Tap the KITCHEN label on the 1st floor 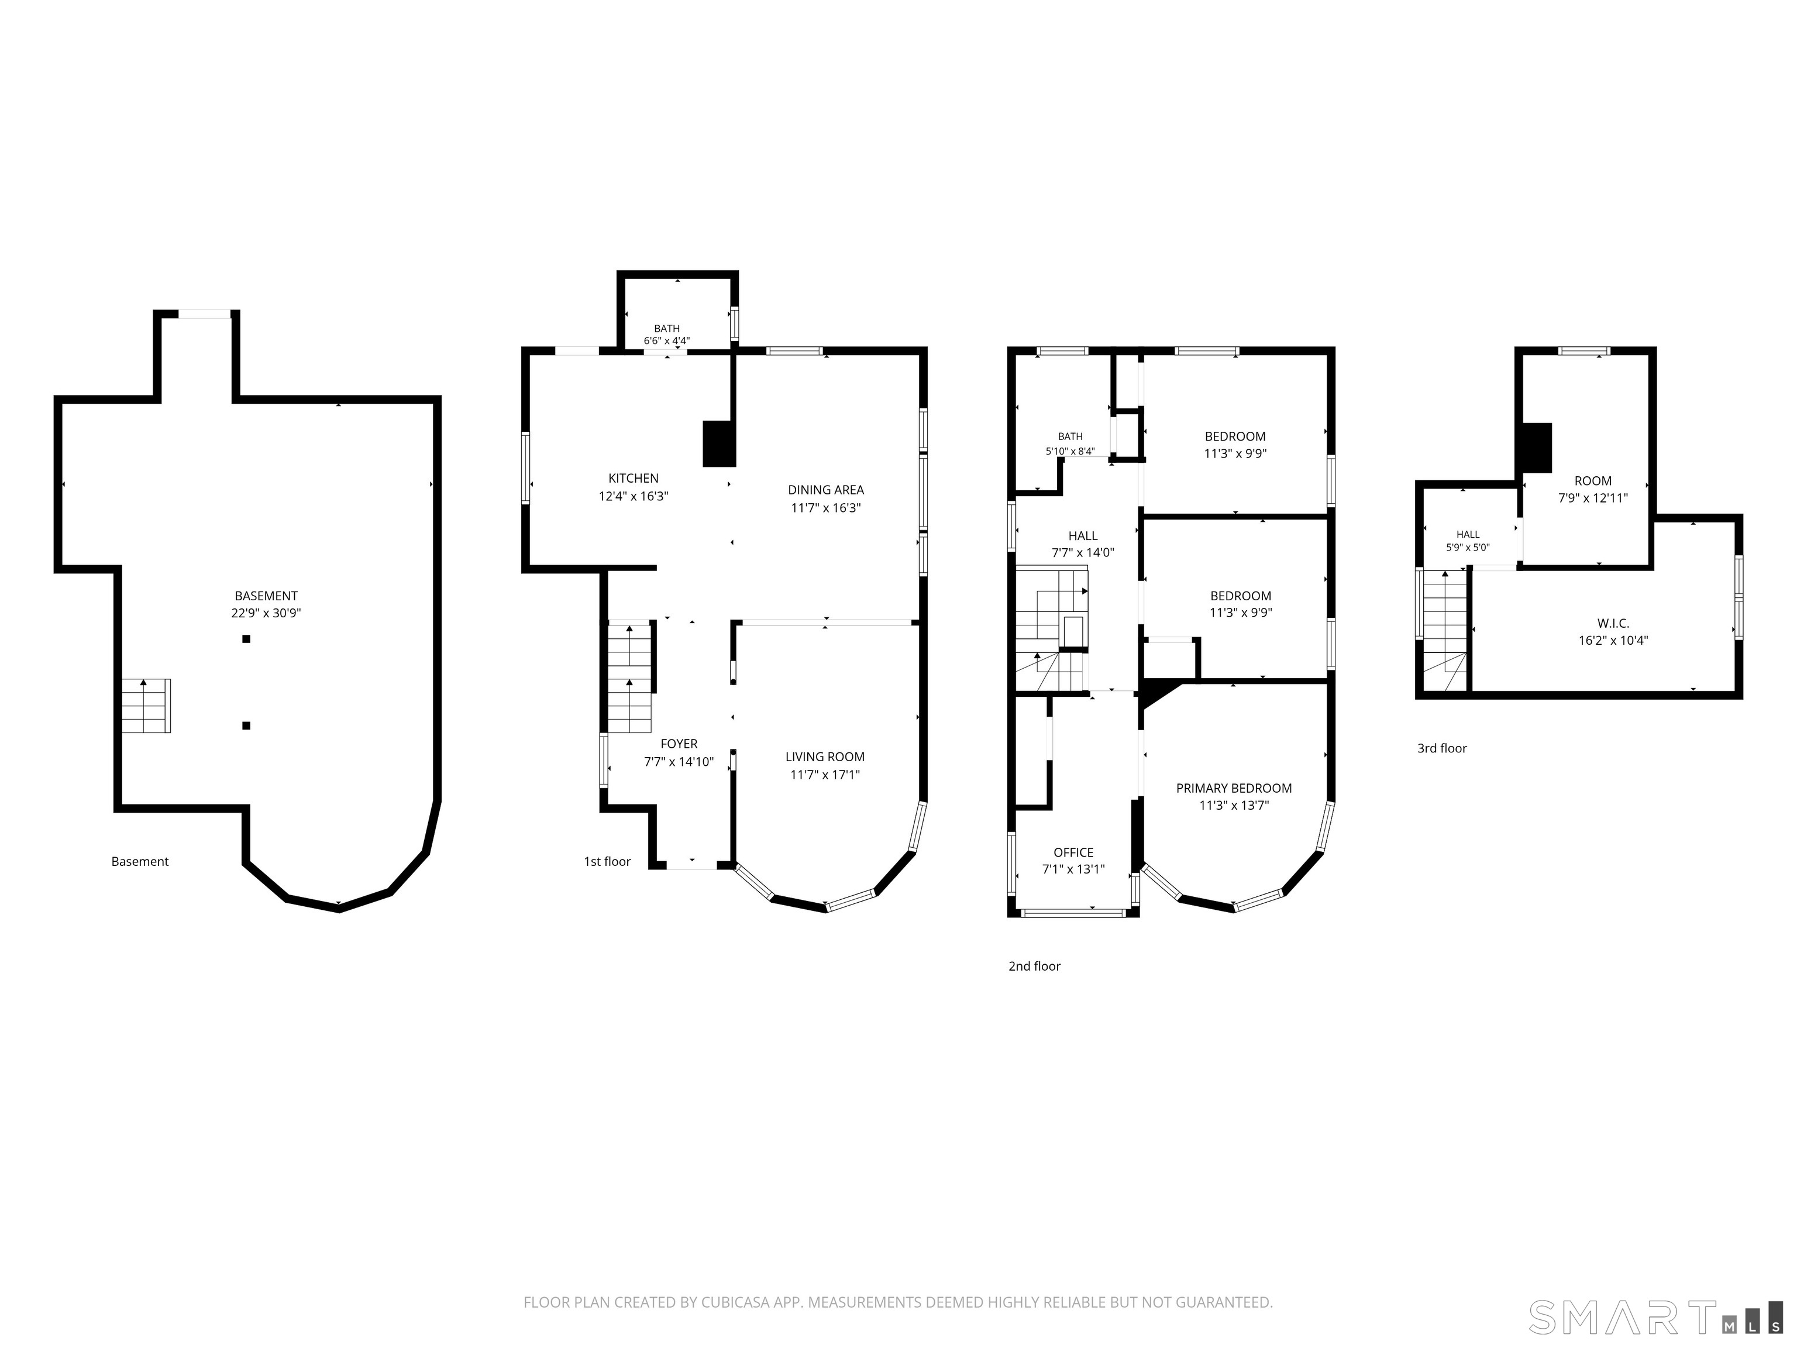633,479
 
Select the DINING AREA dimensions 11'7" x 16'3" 825,508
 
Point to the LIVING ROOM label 825,757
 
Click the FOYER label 679,744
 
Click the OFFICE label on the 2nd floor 1073,852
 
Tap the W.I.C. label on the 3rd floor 1613,623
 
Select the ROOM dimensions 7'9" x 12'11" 1592,498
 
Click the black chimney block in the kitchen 719,443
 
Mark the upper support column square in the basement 246,639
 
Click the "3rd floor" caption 1442,748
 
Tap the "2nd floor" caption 1034,966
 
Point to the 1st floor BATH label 667,329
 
